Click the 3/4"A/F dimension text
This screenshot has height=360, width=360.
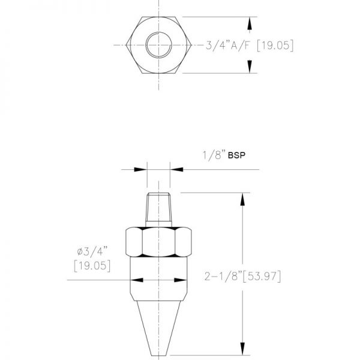tap(227, 45)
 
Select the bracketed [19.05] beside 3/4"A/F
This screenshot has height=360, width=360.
tap(275, 45)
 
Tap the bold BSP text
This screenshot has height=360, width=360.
tap(236, 155)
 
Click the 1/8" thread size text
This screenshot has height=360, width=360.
tap(212, 155)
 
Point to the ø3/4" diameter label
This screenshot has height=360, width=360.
tap(92, 251)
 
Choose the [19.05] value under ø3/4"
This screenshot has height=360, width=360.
tap(92, 266)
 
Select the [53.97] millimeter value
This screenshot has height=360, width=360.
tap(262, 276)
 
